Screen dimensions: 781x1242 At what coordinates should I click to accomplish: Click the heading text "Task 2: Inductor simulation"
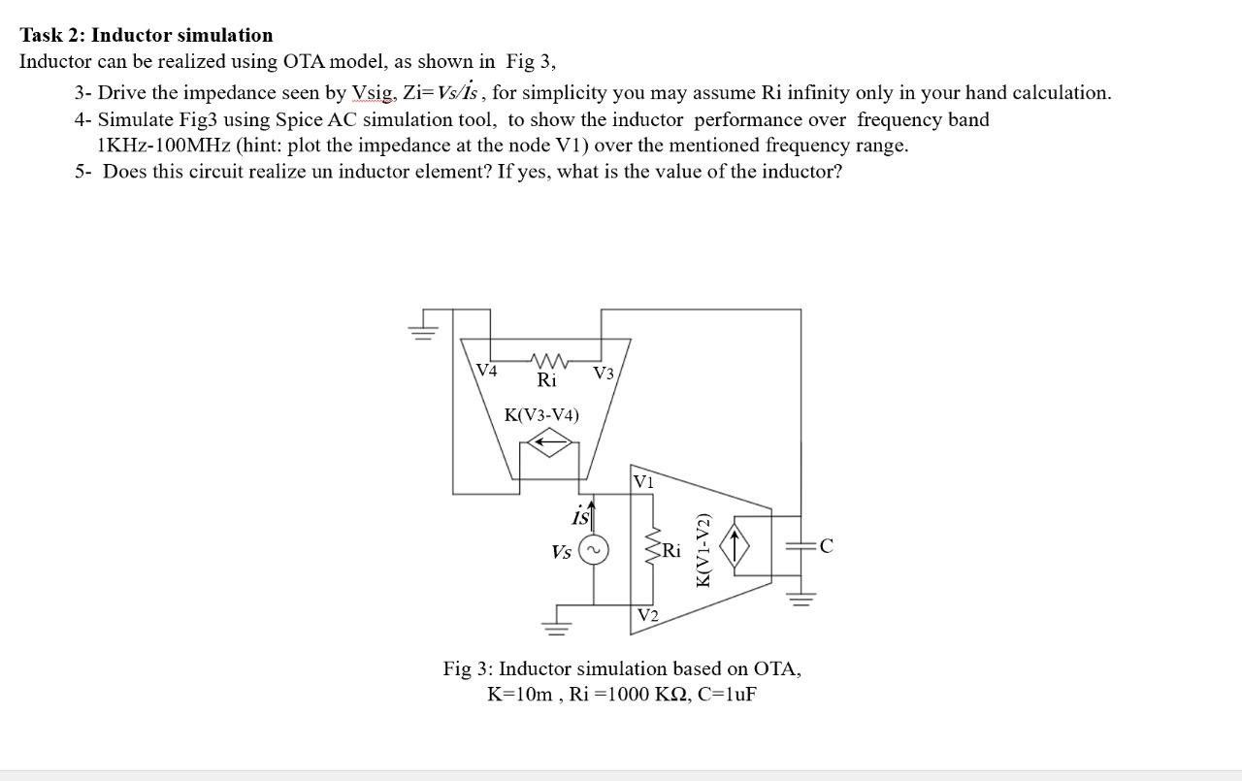[x=147, y=35]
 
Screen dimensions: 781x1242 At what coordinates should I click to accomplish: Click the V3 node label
[x=604, y=373]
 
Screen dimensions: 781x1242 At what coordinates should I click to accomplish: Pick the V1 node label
[x=643, y=481]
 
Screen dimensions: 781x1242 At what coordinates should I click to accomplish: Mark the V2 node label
[x=648, y=615]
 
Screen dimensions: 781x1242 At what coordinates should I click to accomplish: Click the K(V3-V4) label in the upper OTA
[x=541, y=414]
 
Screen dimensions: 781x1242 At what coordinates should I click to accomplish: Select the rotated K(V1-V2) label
[x=704, y=549]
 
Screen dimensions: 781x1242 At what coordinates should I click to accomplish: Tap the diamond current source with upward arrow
[x=735, y=547]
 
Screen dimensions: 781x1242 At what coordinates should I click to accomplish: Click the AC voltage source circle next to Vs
[x=593, y=550]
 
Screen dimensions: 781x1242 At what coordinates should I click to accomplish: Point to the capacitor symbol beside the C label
[x=801, y=547]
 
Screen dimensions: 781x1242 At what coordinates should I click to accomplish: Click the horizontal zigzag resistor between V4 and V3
[x=546, y=359]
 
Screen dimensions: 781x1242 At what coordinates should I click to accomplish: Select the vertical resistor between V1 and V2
[x=653, y=550]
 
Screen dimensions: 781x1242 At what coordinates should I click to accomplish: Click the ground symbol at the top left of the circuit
[x=422, y=332]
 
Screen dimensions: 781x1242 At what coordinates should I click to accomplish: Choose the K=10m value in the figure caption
[x=521, y=695]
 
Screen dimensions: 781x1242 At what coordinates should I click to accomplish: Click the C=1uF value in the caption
[x=727, y=695]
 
